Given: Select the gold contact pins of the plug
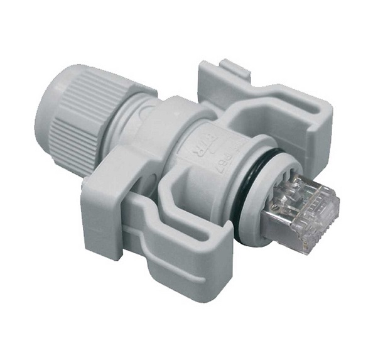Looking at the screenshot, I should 314,192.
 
